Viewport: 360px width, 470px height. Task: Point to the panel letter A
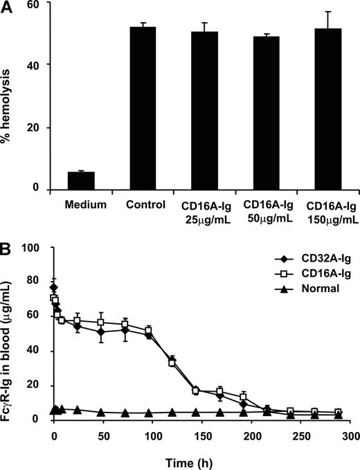8,6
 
